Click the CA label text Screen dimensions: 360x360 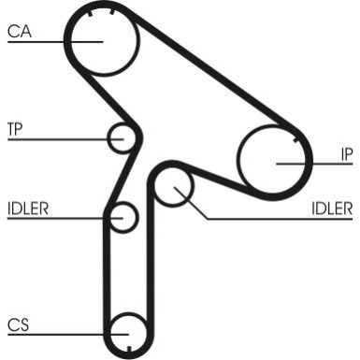(x=19, y=32)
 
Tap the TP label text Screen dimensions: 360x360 (x=15, y=127)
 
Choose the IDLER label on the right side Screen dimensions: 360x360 (x=332, y=207)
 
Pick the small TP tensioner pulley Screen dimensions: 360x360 (x=122, y=138)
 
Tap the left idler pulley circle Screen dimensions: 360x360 (x=122, y=218)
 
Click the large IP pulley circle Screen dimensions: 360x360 (x=273, y=157)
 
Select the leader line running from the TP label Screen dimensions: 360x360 (x=56, y=139)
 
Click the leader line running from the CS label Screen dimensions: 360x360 (x=56, y=334)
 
